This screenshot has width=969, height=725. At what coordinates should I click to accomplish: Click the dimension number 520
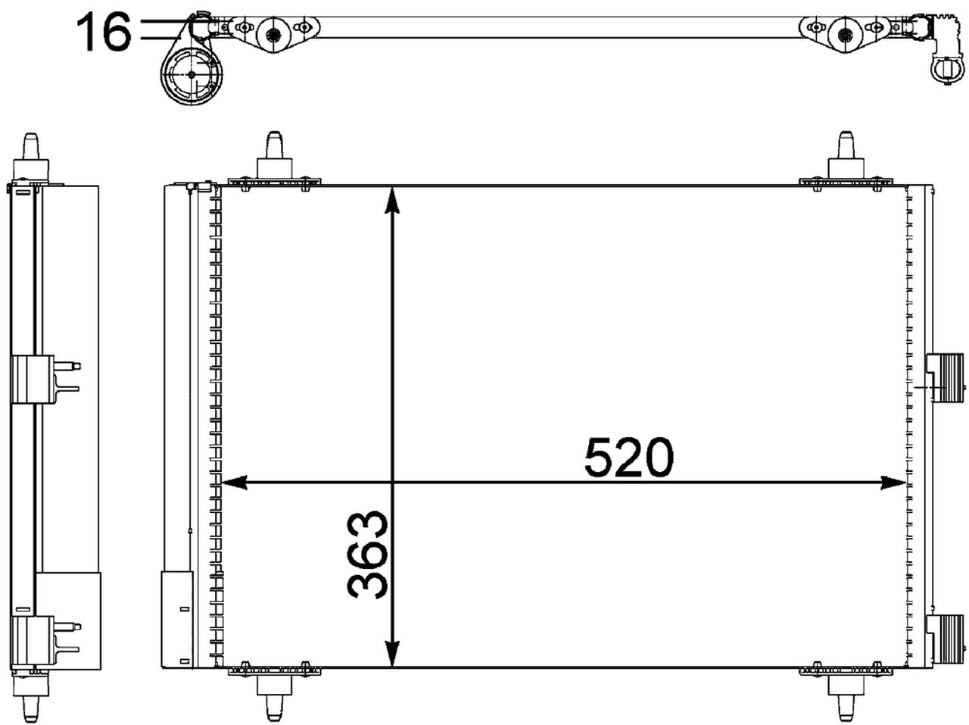[628, 457]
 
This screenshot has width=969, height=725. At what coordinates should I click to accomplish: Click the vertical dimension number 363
[368, 555]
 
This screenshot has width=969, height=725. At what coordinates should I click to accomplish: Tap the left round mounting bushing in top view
[272, 34]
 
